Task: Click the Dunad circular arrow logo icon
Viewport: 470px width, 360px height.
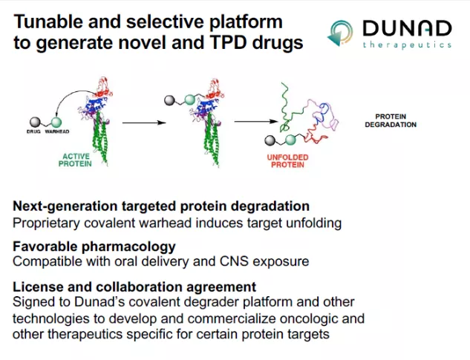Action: (x=340, y=33)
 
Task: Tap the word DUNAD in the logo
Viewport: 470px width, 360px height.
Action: (x=407, y=28)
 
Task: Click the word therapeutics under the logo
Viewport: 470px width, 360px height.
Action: (x=407, y=45)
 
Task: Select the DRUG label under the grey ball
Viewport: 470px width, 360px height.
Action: (x=33, y=131)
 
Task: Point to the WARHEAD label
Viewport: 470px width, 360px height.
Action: (x=57, y=131)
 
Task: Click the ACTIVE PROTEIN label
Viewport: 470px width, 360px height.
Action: (x=75, y=160)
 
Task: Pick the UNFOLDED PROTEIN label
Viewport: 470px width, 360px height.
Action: (x=287, y=161)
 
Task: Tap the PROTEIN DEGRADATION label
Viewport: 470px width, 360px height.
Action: (x=391, y=120)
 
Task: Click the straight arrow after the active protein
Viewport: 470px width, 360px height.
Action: (x=144, y=122)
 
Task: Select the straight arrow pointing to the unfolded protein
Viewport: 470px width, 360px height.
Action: (x=256, y=122)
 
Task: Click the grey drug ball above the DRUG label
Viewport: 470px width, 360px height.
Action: (x=35, y=122)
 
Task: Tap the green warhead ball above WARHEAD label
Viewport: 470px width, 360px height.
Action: (x=56, y=122)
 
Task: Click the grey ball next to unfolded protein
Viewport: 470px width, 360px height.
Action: (x=270, y=140)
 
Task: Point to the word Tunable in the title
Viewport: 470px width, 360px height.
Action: (x=48, y=22)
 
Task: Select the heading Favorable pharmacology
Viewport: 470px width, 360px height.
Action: (x=94, y=246)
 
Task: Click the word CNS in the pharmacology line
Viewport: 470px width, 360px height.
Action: (x=234, y=261)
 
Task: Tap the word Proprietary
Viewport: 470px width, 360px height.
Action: (x=46, y=223)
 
